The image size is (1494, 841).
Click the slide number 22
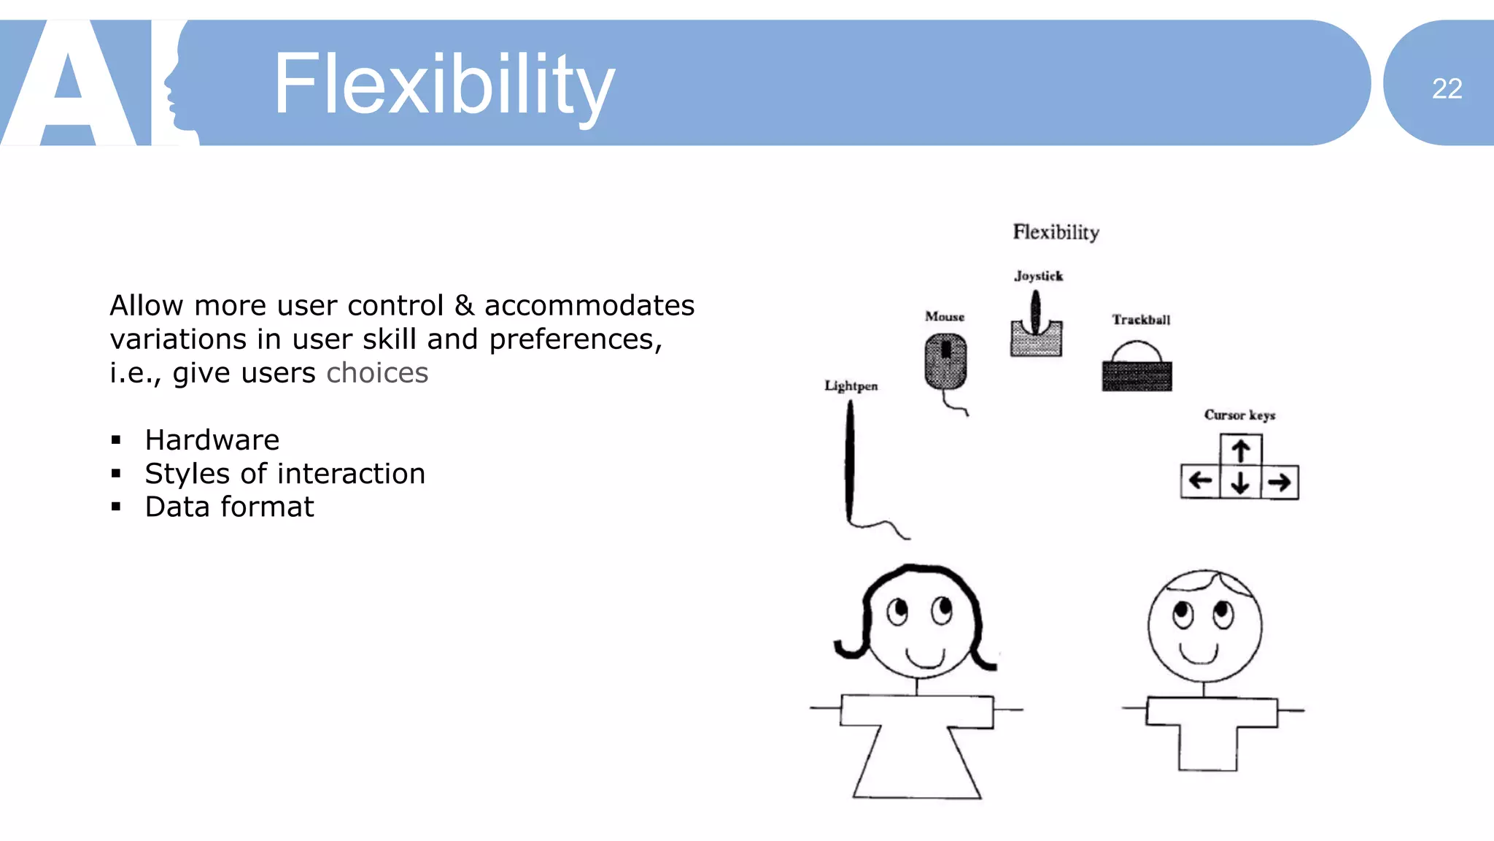tap(1447, 88)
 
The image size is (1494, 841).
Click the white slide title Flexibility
tap(444, 85)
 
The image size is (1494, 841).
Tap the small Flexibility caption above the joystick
tap(1056, 232)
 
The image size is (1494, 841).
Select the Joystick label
tap(1038, 276)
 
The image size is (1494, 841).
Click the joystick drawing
tap(1036, 329)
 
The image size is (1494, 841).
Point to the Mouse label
tap(945, 317)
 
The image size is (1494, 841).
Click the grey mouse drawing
tap(945, 362)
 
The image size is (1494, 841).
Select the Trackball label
tap(1141, 320)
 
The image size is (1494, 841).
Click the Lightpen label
tap(851, 386)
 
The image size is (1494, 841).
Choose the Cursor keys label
tap(1239, 415)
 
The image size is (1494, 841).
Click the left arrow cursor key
tap(1200, 481)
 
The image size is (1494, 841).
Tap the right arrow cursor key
tap(1280, 483)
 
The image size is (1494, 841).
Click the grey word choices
tap(377, 373)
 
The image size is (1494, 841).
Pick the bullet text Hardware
tap(212, 440)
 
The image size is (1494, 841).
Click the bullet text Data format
tap(229, 507)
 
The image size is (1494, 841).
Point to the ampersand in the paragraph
tap(464, 305)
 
